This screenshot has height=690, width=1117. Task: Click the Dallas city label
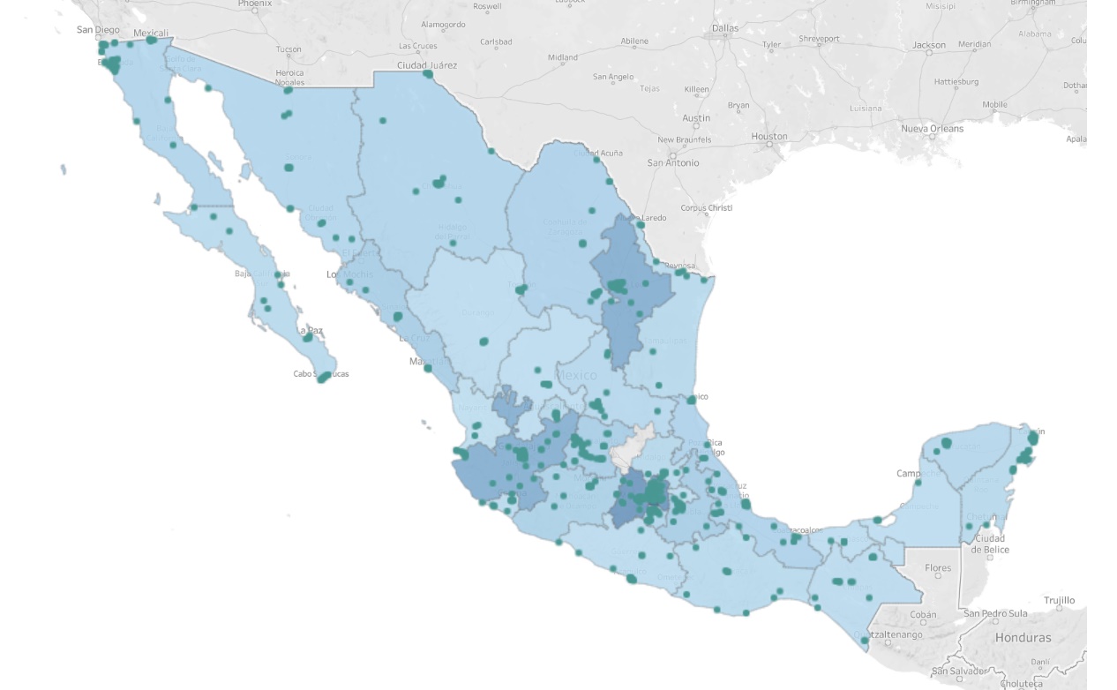(x=725, y=28)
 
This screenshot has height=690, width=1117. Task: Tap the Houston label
(x=769, y=137)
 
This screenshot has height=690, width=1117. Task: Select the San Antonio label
(x=673, y=163)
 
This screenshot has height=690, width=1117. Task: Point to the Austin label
(x=696, y=118)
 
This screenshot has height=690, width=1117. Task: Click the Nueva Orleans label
(x=932, y=129)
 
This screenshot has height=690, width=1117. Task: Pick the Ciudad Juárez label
(x=427, y=65)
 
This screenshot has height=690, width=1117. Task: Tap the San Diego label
(x=98, y=30)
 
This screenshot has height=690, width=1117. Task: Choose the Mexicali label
(x=151, y=34)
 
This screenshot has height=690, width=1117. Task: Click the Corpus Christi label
(x=707, y=209)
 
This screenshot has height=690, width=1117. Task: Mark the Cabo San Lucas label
(x=321, y=374)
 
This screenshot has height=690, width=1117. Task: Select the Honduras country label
(x=1023, y=638)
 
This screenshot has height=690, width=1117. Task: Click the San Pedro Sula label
(x=995, y=613)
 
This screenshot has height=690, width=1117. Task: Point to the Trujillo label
(x=1059, y=601)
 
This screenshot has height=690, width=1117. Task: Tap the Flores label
(x=938, y=569)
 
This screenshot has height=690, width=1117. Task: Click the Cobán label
(x=923, y=615)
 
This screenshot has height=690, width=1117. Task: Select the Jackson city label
(x=929, y=45)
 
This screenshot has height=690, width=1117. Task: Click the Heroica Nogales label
(x=289, y=78)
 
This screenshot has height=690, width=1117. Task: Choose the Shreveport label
(x=819, y=39)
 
